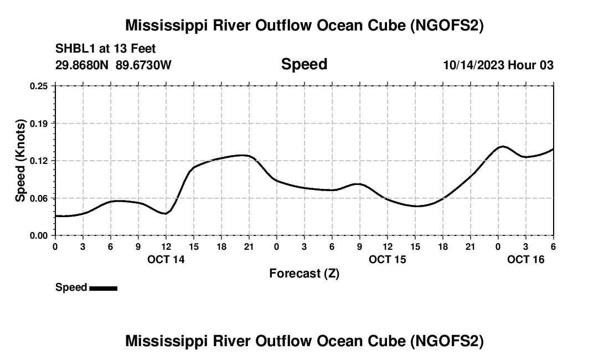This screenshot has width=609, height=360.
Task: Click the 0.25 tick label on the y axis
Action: click(39, 86)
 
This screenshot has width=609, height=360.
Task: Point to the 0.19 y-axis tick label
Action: click(39, 123)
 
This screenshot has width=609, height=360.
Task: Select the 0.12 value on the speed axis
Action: click(39, 161)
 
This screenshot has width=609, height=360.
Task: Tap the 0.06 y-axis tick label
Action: click(39, 198)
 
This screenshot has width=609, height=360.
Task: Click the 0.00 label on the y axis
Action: click(39, 235)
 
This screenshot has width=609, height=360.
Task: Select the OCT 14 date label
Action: click(166, 259)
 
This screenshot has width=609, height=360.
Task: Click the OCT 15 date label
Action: click(388, 259)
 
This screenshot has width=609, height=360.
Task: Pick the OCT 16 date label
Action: click(526, 259)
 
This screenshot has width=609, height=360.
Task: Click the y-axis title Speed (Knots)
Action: click(20, 161)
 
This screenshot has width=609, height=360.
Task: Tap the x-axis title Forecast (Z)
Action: click(304, 273)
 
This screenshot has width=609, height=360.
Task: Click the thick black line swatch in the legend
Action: click(104, 288)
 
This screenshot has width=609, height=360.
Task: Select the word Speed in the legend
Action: click(71, 287)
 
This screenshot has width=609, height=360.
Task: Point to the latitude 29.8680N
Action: click(82, 65)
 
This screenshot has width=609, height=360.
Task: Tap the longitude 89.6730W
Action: click(144, 65)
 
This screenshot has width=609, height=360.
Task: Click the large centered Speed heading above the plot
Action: click(304, 64)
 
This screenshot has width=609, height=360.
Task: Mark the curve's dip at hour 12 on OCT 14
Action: click(165, 214)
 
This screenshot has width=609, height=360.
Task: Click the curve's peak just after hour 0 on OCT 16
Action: click(502, 146)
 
